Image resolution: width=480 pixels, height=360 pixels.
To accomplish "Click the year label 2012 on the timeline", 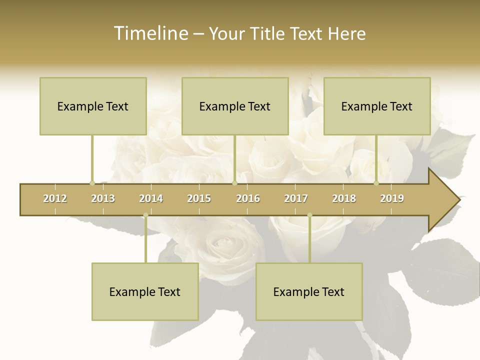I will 55,198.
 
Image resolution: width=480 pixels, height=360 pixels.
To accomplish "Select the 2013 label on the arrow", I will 103,198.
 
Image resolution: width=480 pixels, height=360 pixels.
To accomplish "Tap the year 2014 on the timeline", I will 151,198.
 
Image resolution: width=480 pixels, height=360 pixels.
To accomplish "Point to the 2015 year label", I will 199,198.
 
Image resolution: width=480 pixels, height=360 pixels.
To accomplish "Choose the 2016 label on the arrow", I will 248,198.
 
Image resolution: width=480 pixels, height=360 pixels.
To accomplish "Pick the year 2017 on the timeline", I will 296,198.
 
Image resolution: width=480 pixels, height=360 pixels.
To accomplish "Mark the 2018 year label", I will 344,198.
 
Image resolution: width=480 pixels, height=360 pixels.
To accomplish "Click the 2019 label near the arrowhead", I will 392,198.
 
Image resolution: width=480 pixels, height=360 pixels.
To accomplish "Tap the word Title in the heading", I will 268,33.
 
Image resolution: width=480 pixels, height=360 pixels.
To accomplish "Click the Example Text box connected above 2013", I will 93,106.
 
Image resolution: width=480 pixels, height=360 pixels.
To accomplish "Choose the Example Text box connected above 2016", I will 235,106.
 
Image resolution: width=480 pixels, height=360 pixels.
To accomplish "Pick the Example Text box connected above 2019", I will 377,106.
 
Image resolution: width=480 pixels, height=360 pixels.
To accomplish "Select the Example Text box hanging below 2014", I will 145,291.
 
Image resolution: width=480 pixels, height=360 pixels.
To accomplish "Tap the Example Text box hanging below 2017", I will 309,291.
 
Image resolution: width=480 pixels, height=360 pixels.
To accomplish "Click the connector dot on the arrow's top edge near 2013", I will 92,183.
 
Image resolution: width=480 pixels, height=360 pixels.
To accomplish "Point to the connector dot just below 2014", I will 145,215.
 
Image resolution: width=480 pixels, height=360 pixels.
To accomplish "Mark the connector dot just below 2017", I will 309,215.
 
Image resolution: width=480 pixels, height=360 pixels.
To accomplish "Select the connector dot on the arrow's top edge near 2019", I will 376,183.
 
